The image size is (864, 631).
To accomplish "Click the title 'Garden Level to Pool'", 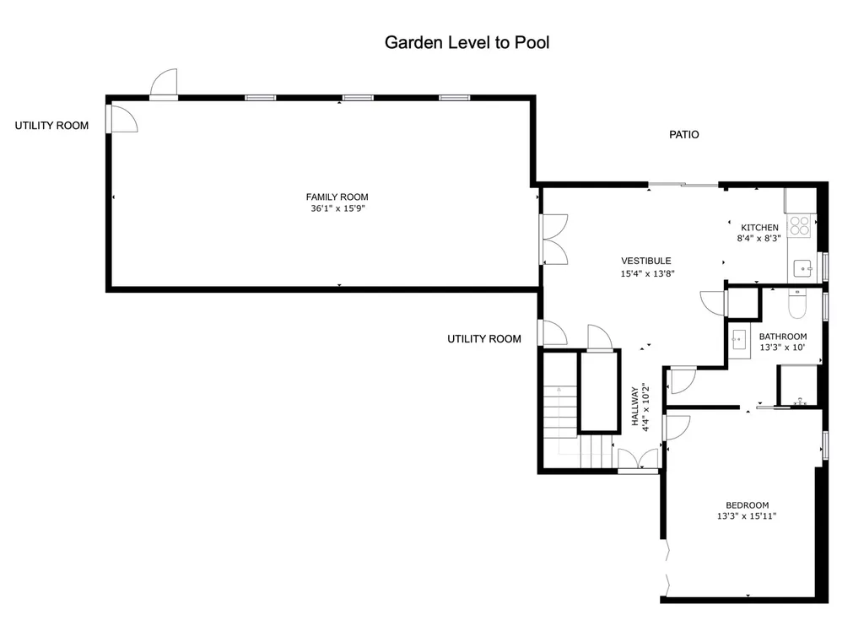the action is coord(467,42).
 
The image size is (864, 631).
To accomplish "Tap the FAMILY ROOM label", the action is coord(337,197).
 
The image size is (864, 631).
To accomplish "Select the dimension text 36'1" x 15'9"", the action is coord(337,208).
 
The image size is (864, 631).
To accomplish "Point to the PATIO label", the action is coord(683,134).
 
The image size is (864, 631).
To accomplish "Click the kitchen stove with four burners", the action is coord(799,226).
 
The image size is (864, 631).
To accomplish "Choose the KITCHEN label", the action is coord(759,227).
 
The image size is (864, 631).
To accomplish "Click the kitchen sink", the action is coord(803,269).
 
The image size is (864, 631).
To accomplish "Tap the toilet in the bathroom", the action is coord(797,304).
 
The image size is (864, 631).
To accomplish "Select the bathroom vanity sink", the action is coord(739,341).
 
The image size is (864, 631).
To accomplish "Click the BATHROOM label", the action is coord(783,336).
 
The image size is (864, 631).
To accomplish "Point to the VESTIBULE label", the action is coord(645,261).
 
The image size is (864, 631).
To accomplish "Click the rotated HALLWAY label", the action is coord(634,406).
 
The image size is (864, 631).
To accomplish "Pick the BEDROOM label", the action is coord(748,504).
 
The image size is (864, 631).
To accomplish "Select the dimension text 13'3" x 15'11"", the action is coord(747,515).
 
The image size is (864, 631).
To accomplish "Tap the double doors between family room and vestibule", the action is coord(553,240).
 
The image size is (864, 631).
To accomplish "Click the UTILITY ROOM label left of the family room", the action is coord(51,126).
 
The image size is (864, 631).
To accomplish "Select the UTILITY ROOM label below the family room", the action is coord(484,339).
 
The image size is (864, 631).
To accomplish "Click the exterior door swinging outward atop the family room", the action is coord(164,84).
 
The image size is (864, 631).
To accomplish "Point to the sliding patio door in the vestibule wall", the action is coord(683,185).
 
